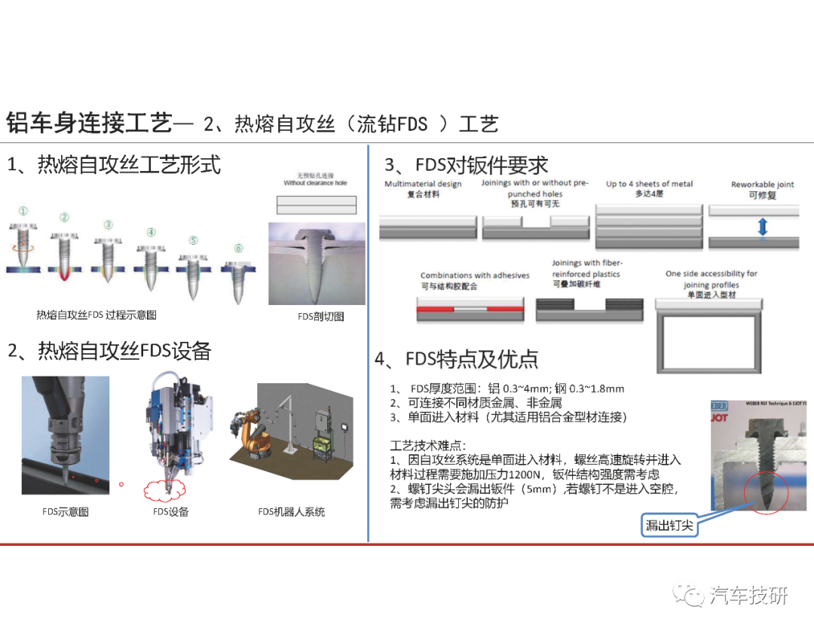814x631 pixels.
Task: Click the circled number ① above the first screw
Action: (x=23, y=212)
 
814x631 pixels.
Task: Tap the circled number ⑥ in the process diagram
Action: (x=239, y=248)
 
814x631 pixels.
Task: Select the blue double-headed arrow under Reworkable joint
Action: (x=762, y=227)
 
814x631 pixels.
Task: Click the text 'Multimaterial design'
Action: (x=423, y=184)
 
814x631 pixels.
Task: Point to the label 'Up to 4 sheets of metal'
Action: (x=649, y=184)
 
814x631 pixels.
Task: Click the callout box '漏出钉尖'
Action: (x=669, y=526)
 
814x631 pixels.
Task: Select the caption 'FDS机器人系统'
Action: (x=291, y=512)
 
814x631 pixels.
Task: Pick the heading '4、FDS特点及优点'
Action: (x=456, y=359)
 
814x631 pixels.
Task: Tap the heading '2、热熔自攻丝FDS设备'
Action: (x=109, y=351)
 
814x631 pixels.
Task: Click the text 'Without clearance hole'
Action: (x=316, y=183)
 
